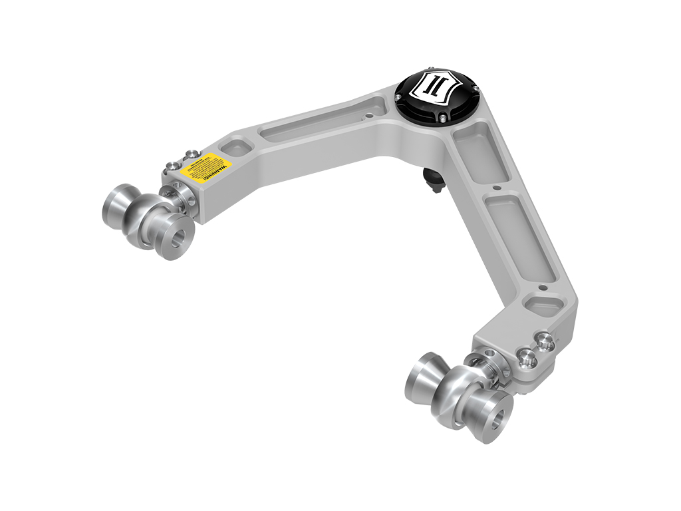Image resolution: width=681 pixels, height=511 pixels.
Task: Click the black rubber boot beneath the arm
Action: pos(433,180)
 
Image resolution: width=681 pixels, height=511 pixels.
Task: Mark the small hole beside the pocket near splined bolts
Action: pos(543,287)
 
